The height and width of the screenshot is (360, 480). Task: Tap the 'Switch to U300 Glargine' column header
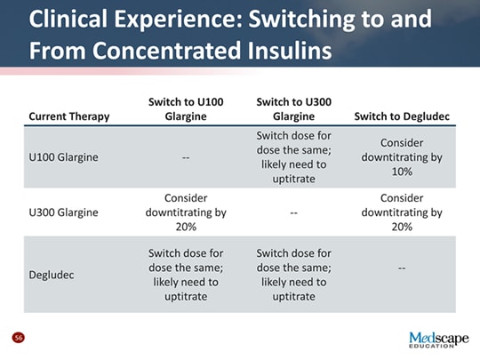click(292, 108)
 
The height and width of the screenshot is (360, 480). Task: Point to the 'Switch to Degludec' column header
click(401, 116)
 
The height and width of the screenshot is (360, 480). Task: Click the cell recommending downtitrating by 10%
click(402, 157)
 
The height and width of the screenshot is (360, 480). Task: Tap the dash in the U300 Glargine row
click(292, 213)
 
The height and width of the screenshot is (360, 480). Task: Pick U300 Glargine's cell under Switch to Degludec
click(402, 212)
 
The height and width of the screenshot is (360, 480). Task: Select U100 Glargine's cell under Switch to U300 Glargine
click(292, 157)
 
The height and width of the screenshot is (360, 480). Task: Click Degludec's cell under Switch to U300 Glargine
click(292, 274)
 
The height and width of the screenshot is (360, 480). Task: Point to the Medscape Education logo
click(437, 340)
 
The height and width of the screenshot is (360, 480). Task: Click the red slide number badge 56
click(18, 338)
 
